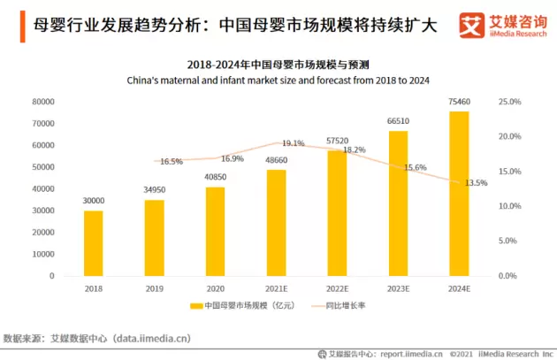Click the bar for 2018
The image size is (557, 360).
[93, 242]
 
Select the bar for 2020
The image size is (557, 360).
[215, 231]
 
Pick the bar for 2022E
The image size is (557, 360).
[337, 212]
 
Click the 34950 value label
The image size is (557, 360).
[155, 191]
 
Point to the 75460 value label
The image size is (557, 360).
[459, 102]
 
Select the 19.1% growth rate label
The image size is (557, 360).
[294, 143]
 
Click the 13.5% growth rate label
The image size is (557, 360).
[477, 182]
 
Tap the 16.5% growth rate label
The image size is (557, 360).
[172, 161]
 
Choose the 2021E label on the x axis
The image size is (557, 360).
[276, 287]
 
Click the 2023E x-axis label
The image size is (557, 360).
[398, 287]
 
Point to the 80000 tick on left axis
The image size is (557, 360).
[42, 103]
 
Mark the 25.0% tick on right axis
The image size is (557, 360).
[510, 103]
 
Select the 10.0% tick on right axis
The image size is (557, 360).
[510, 206]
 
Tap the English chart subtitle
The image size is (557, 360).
[278, 80]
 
